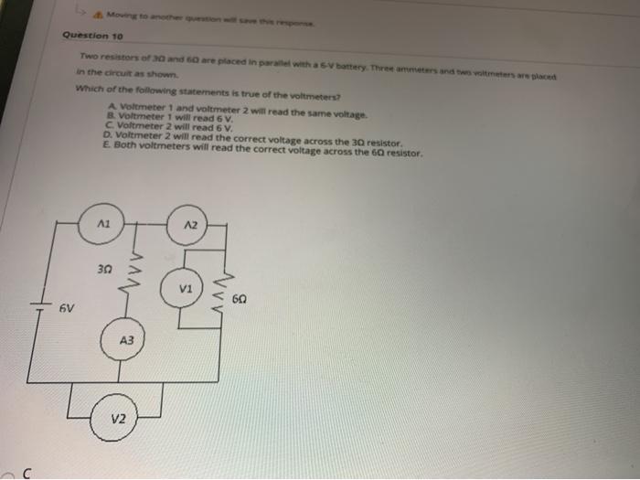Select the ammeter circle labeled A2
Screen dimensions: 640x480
click(x=189, y=224)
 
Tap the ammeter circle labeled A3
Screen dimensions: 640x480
click(x=127, y=340)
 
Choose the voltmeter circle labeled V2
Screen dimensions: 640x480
click(x=119, y=420)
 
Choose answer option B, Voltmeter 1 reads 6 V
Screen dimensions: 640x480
click(x=174, y=118)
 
